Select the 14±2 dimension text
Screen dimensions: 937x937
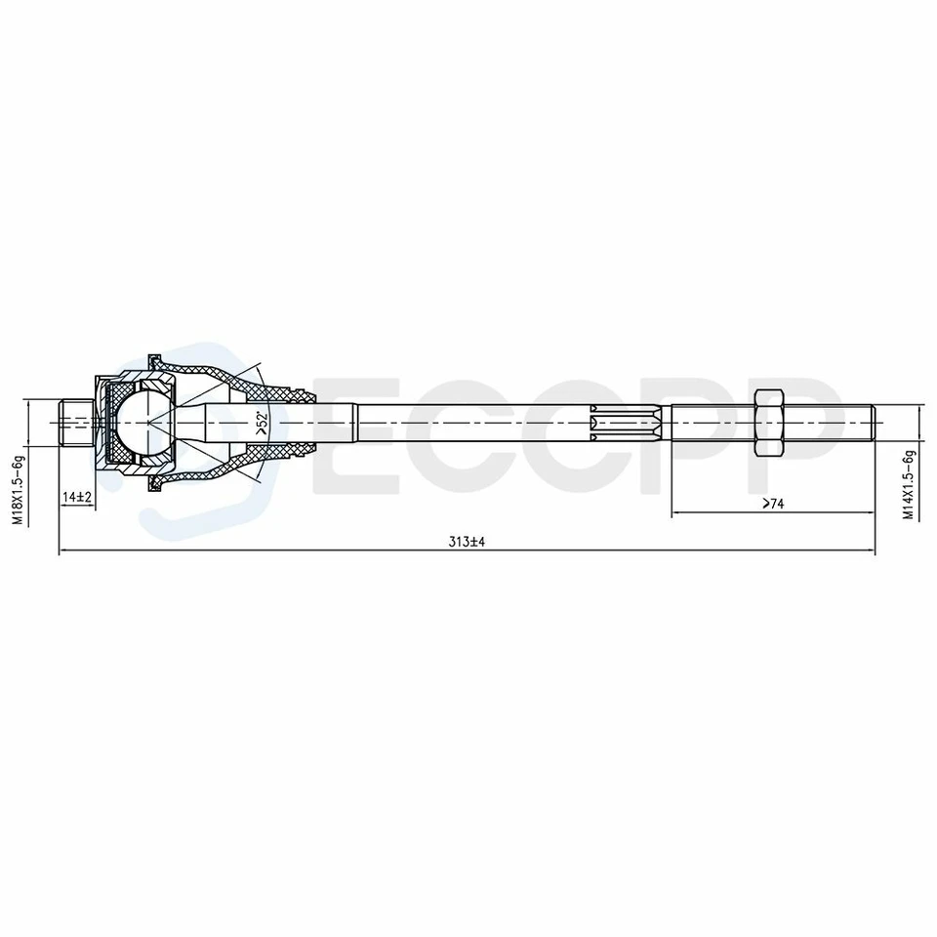76,498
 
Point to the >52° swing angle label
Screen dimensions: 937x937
261,422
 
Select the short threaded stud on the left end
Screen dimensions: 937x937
74,422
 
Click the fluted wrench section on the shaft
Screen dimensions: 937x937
627,422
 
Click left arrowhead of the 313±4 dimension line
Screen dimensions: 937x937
63,553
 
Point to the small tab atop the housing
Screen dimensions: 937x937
153,357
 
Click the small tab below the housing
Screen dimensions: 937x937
153,485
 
